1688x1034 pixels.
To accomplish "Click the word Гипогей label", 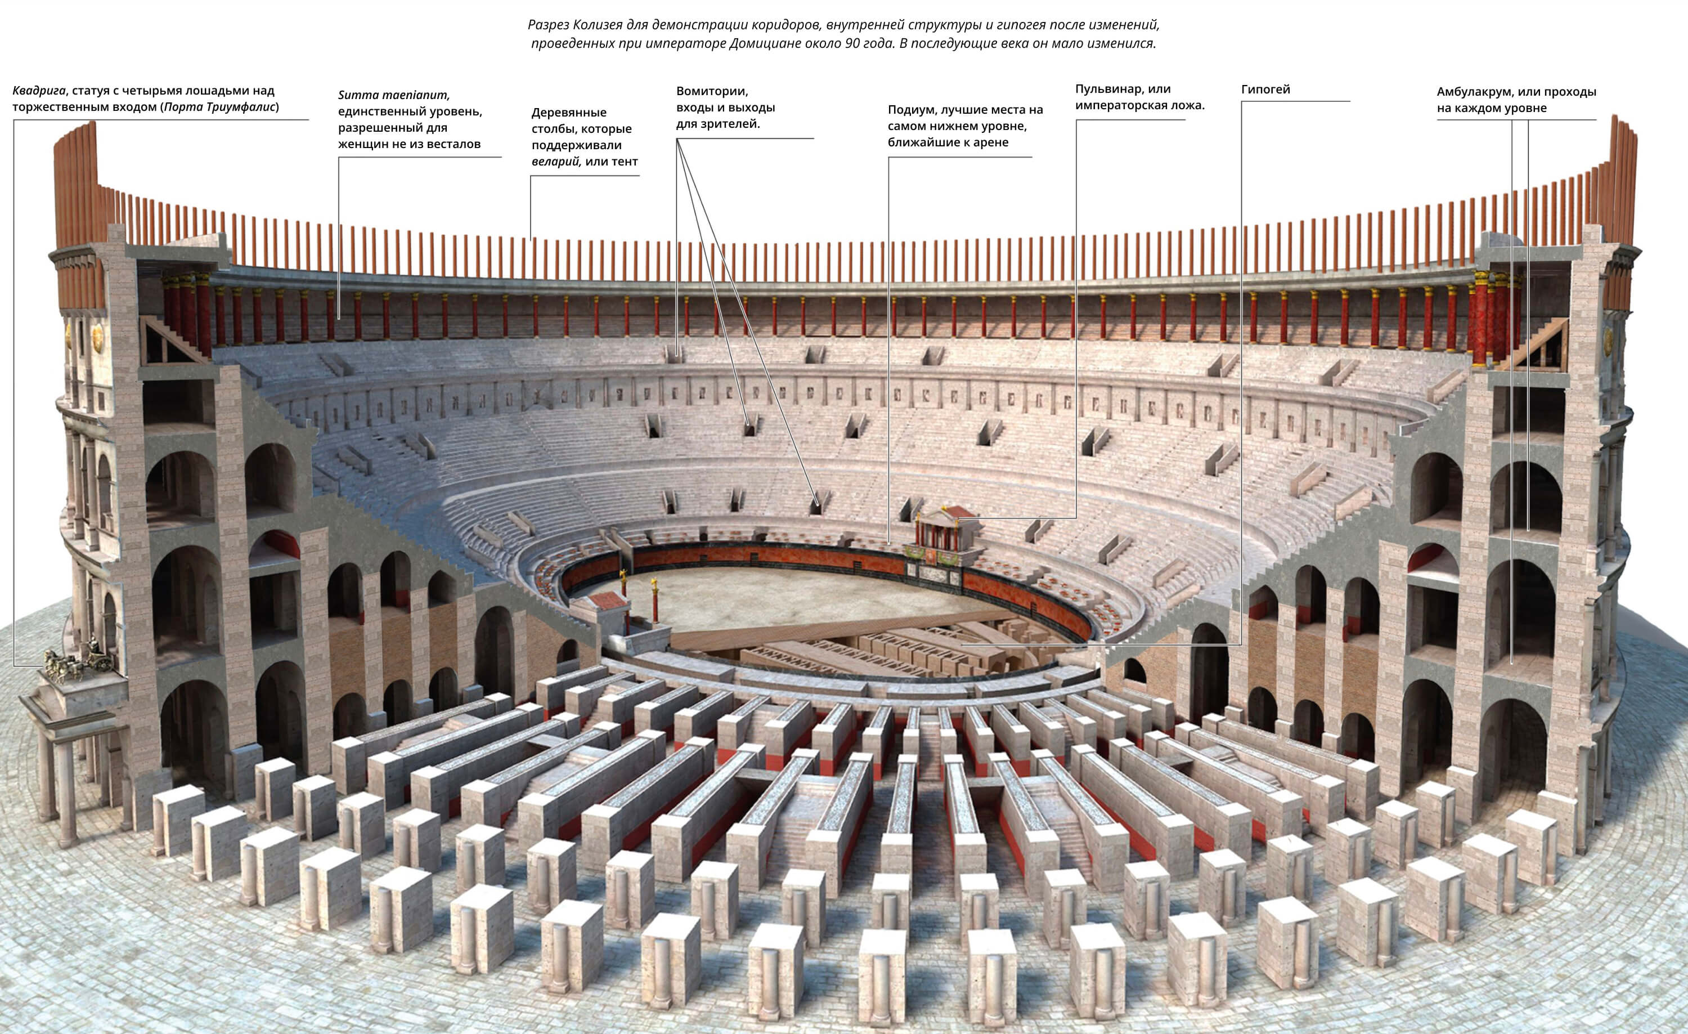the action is (1265, 89).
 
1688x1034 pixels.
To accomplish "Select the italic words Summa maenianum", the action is (393, 95).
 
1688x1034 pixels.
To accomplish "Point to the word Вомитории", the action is (712, 92).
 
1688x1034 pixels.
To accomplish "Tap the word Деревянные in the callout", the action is (569, 113).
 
